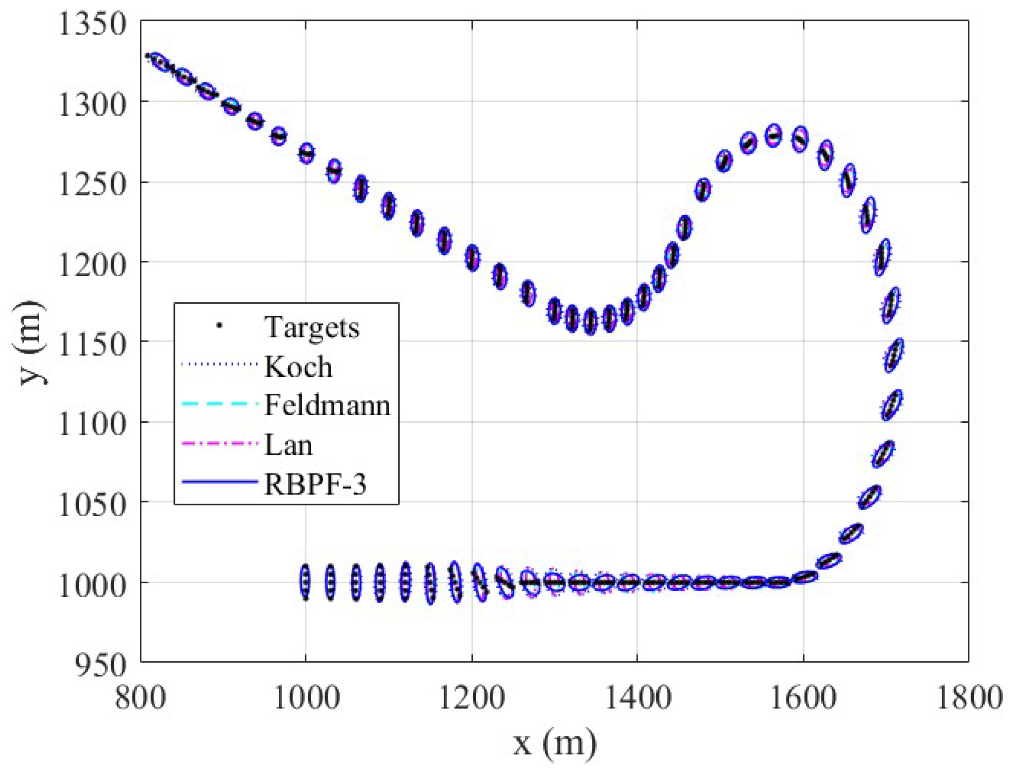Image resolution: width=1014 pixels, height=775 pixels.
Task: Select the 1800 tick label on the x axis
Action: tap(969, 698)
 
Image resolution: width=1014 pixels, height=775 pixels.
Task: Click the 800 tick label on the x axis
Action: tap(140, 698)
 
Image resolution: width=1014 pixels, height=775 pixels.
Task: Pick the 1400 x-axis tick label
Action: tap(637, 698)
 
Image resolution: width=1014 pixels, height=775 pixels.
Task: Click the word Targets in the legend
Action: tap(312, 327)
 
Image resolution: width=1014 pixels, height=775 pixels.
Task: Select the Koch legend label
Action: tap(298, 367)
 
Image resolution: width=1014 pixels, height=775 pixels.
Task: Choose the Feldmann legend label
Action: tap(327, 405)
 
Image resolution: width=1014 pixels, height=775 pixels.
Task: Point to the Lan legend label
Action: tap(288, 445)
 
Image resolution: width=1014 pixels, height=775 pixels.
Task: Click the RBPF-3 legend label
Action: tap(315, 484)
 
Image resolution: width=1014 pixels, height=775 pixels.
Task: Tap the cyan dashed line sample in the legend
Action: tap(219, 404)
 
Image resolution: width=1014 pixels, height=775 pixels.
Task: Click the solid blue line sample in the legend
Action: tap(219, 482)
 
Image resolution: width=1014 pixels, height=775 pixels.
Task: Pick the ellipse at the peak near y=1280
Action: tap(773, 136)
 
